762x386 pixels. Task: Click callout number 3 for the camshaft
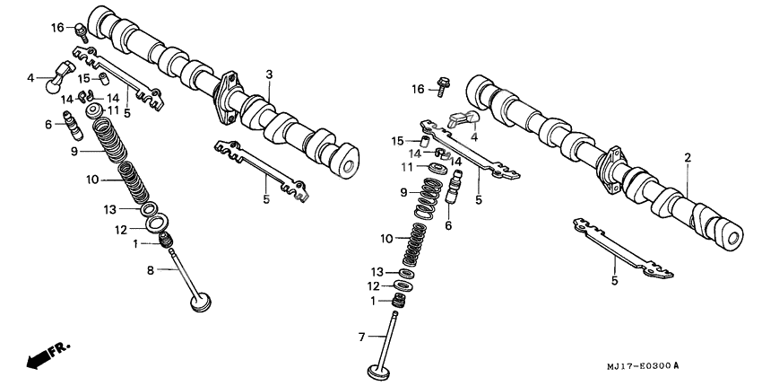(x=268, y=73)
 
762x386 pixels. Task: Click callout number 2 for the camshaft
(x=688, y=158)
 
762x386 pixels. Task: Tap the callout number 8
(x=151, y=269)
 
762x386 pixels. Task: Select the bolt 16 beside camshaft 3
(x=82, y=31)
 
